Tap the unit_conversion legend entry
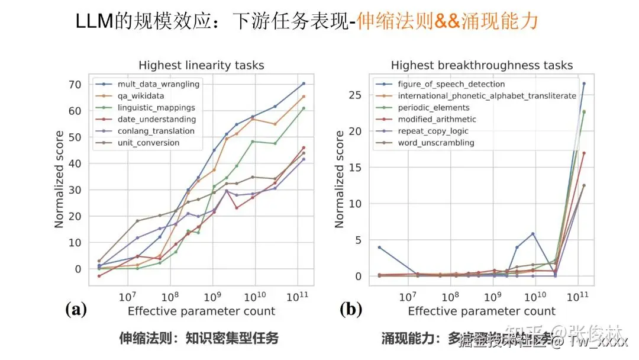[148, 143]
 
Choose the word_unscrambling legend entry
[435, 143]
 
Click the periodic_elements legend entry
[433, 108]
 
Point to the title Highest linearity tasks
[201, 65]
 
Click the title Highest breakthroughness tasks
[482, 65]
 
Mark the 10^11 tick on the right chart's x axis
[577, 295]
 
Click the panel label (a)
[76, 309]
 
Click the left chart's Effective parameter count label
[201, 311]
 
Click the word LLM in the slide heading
[95, 22]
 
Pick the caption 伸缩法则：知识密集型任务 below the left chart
[199, 339]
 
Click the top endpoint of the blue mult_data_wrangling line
[304, 83]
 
